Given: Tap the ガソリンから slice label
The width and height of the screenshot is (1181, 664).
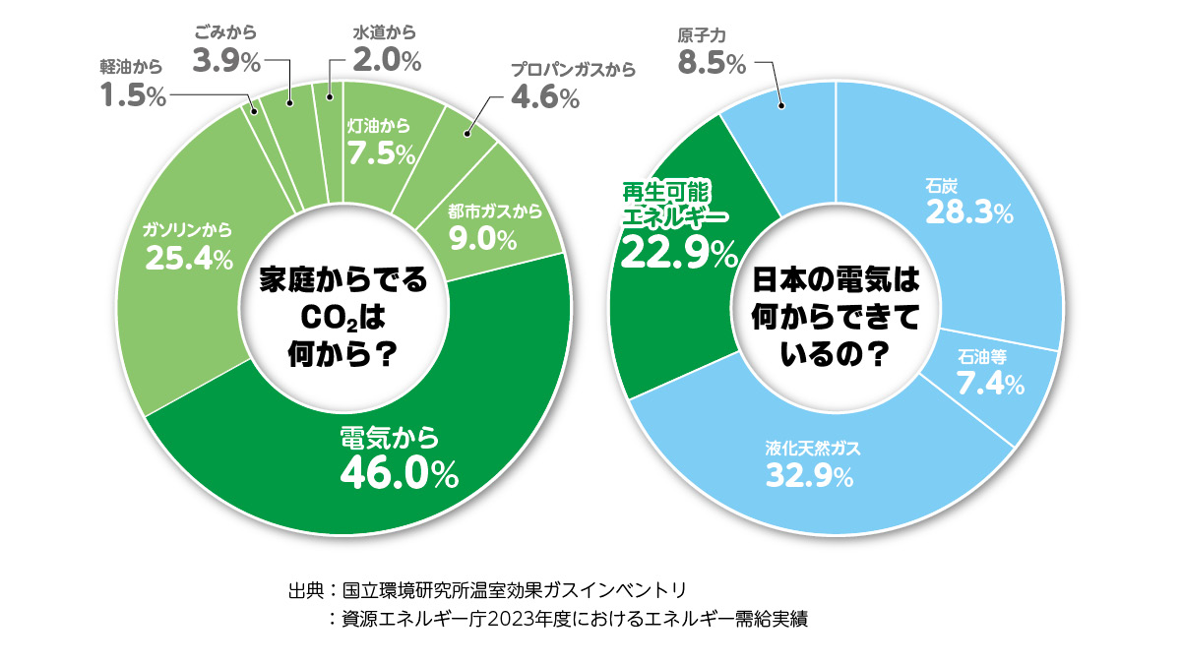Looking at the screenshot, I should coord(187,231).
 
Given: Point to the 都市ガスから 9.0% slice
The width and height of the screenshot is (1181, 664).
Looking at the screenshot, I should coord(482,226).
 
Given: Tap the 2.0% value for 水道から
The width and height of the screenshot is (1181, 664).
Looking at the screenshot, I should coord(387,62).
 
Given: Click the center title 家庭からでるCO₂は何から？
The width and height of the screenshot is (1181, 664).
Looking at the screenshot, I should coord(342,315).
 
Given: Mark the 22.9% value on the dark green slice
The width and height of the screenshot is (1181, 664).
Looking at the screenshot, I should coord(679,254).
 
